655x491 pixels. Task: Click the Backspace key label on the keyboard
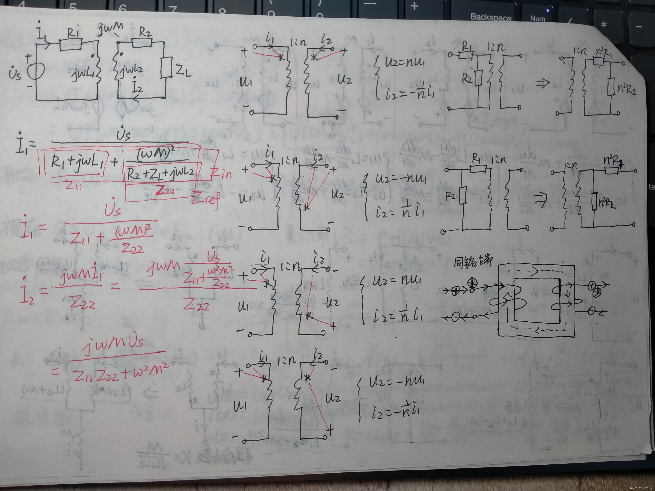491,17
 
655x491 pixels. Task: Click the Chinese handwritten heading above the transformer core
473,262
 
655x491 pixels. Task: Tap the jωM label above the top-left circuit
111,29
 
